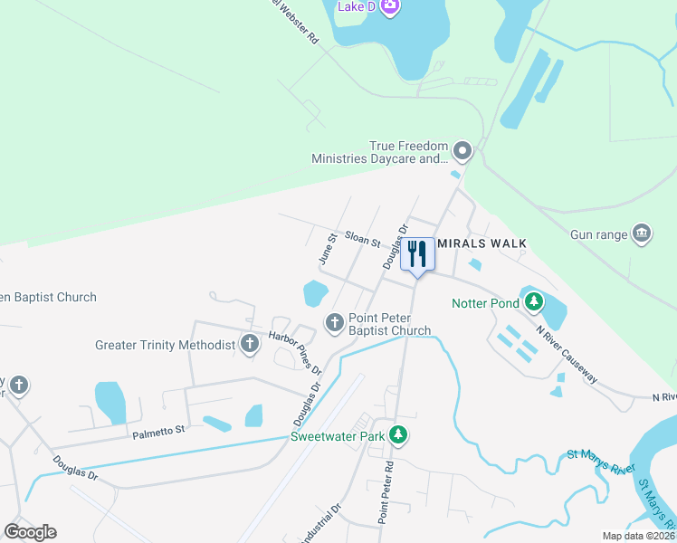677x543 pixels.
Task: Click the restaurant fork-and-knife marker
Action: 417,253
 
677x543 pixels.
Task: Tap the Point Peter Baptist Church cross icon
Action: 335,321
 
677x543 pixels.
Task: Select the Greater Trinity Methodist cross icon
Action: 249,344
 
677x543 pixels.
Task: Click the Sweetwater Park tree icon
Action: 397,435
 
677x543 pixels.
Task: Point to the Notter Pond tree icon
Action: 534,300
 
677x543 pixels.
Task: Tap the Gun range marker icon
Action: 641,234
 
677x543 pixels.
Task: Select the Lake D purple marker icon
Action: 390,7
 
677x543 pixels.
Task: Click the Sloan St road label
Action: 361,238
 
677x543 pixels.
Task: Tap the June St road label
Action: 328,248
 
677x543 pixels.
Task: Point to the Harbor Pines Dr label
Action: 295,352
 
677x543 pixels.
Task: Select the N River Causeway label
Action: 567,354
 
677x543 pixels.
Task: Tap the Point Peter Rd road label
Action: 386,493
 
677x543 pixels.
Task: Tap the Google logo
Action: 30,532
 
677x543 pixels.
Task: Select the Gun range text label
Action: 598,235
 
